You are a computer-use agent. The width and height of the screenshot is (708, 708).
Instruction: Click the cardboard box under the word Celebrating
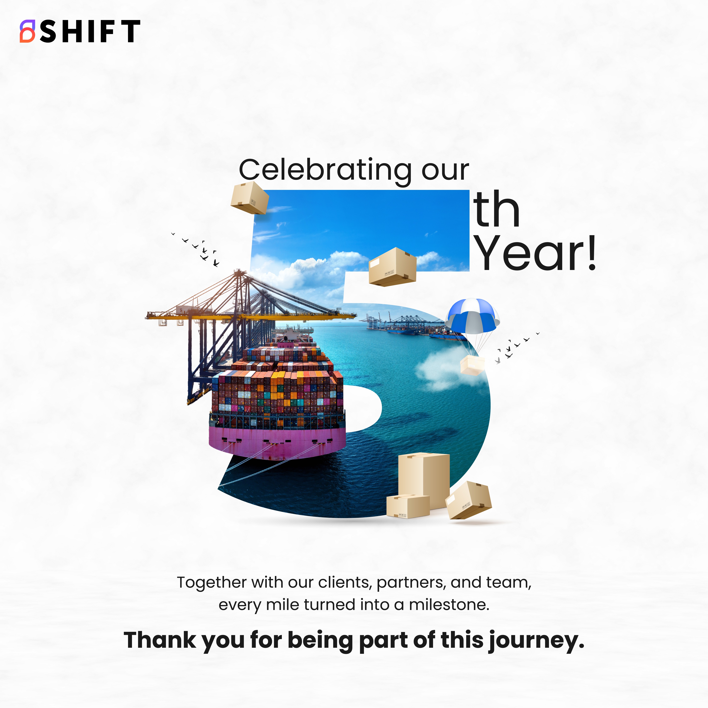pos(250,198)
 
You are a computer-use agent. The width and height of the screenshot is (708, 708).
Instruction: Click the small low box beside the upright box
pos(408,506)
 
